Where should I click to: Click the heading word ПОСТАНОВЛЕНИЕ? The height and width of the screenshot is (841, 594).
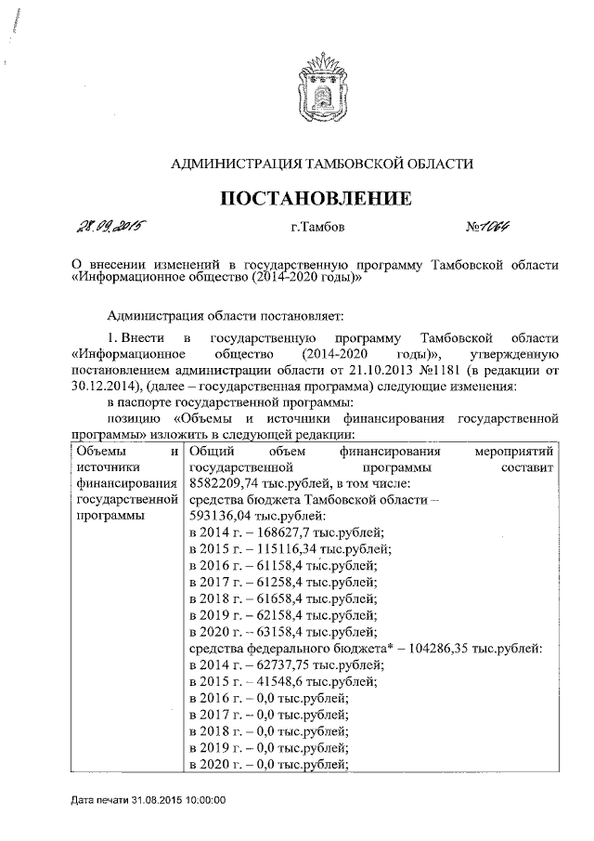[x=314, y=198]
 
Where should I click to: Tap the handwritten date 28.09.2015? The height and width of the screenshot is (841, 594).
[x=113, y=226]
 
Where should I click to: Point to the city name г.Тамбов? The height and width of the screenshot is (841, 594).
[x=316, y=228]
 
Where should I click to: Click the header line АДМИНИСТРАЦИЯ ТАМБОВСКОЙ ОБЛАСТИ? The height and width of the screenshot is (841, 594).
[x=315, y=164]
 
